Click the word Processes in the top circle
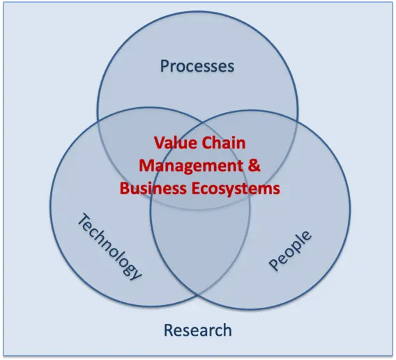[x=197, y=66]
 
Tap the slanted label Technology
[x=109, y=247]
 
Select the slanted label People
[x=290, y=251]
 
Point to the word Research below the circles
[x=198, y=330]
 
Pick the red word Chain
[x=224, y=143]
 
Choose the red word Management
[x=191, y=166]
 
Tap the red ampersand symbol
[x=254, y=165]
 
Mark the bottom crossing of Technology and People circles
[x=198, y=295]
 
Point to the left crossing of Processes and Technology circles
[x=98, y=123]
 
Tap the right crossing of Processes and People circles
[x=297, y=124]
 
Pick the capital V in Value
[x=159, y=143]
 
